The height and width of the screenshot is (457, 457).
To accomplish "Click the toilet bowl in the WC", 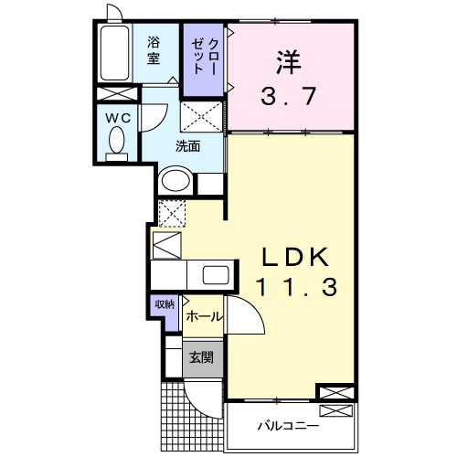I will click(117, 142).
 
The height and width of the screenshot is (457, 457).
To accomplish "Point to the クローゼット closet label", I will click(205, 57).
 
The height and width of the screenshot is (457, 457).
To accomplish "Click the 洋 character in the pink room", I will click(291, 64).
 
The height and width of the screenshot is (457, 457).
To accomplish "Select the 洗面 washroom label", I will click(189, 144).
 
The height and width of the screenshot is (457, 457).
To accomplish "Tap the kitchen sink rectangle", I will click(218, 275).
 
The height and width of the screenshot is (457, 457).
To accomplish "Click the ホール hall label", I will click(203, 315).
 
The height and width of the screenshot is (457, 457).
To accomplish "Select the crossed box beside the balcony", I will click(332, 393).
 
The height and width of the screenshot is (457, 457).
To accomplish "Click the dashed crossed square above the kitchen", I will click(173, 212).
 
